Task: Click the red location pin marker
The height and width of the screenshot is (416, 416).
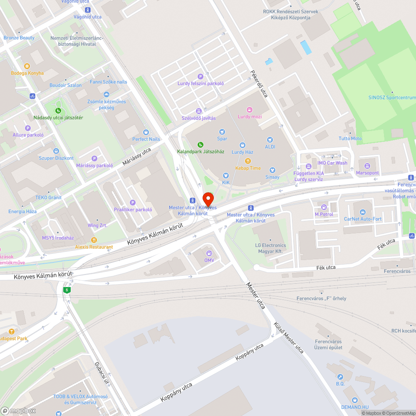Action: pos(208,198)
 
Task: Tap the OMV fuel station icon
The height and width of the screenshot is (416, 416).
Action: pos(209,252)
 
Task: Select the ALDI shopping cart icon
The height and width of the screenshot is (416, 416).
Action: pos(270,140)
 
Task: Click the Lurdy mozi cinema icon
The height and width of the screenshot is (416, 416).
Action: pos(250,109)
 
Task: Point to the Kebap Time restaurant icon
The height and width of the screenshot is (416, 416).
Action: pos(248,161)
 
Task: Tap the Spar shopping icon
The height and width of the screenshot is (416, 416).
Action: pos(222,131)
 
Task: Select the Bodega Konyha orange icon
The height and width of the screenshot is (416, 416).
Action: pos(27,66)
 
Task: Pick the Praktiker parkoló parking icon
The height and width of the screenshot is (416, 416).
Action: pos(133,203)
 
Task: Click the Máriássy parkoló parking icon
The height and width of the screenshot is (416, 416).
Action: pos(94,158)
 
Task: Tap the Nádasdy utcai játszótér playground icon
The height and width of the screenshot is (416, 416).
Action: pos(58,111)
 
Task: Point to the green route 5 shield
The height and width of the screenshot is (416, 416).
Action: pos(67,290)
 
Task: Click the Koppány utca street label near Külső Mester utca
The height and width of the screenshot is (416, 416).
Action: pos(250,352)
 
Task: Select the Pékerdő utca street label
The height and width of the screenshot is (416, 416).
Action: pos(258,84)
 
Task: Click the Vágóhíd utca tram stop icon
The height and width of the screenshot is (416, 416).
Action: pos(87,10)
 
